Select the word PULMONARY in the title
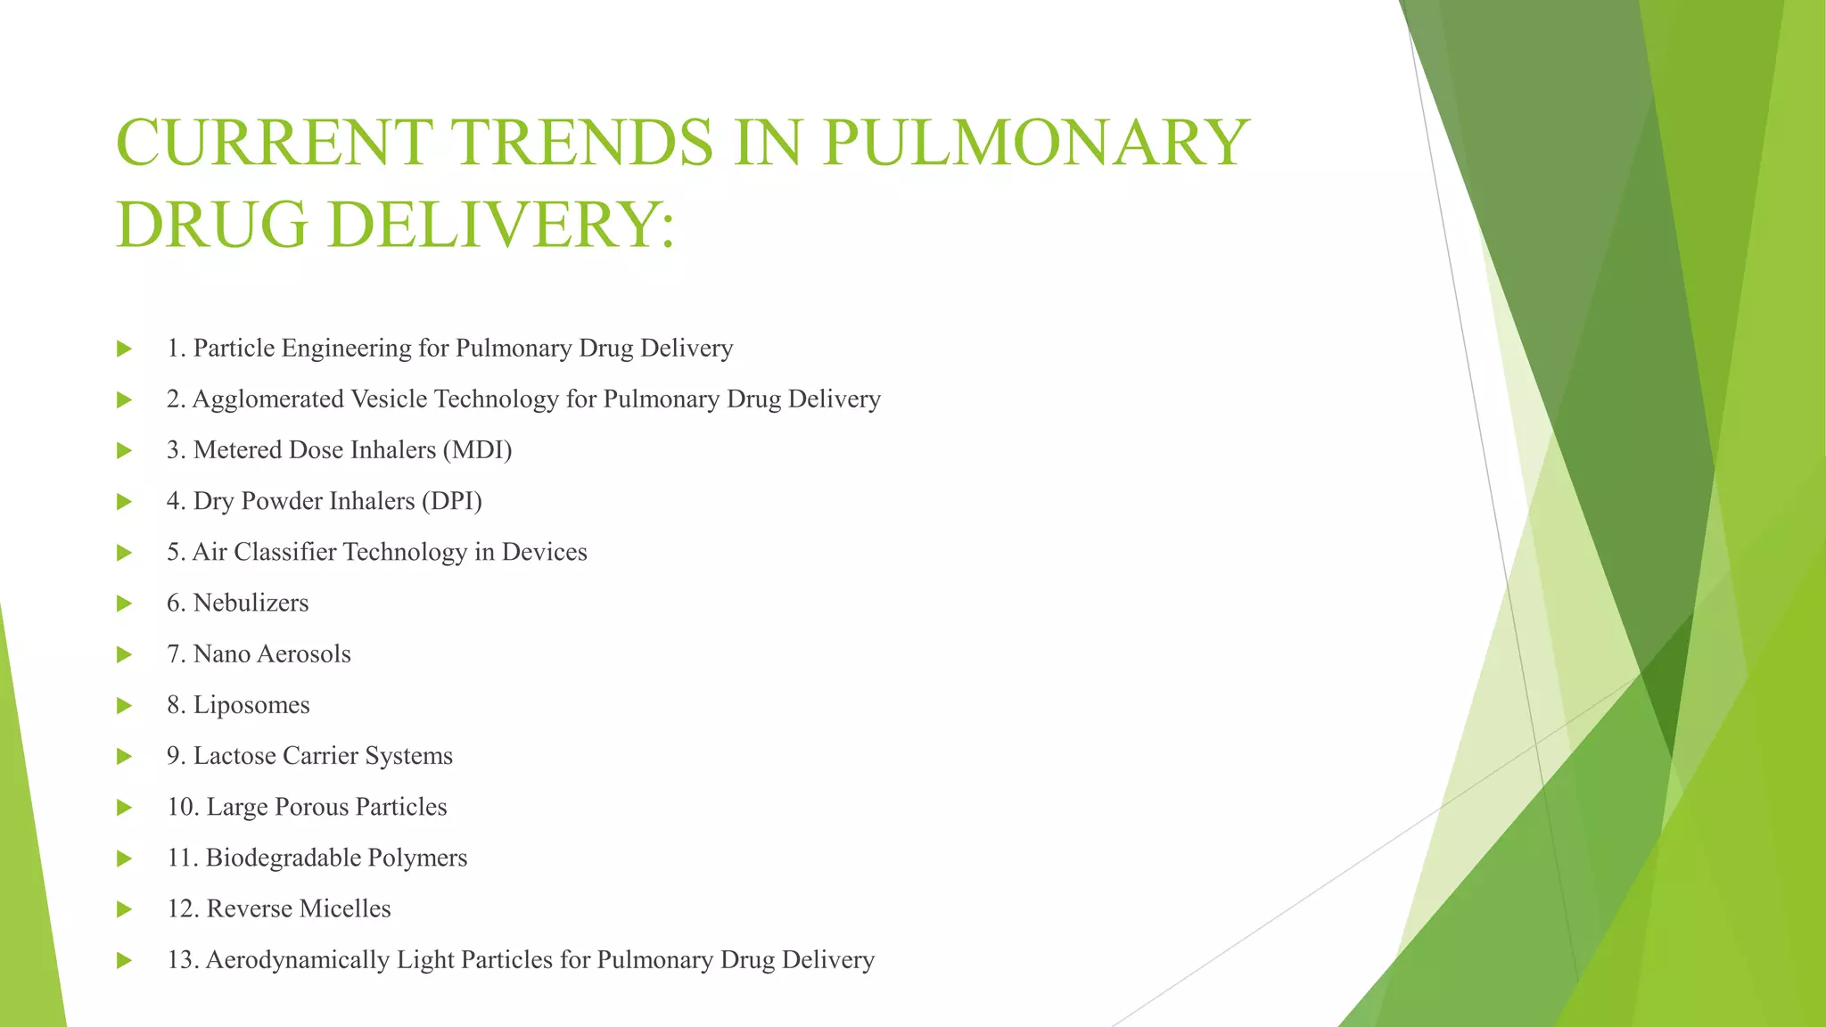pyautogui.click(x=1035, y=143)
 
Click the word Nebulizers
pyautogui.click(x=251, y=603)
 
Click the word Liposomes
pyautogui.click(x=251, y=705)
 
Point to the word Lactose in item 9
pyautogui.click(x=234, y=756)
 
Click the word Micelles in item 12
pyautogui.click(x=344, y=908)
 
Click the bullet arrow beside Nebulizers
pyautogui.click(x=124, y=604)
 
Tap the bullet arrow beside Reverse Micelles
pyautogui.click(x=124, y=909)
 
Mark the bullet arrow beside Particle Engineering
pyautogui.click(x=124, y=349)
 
